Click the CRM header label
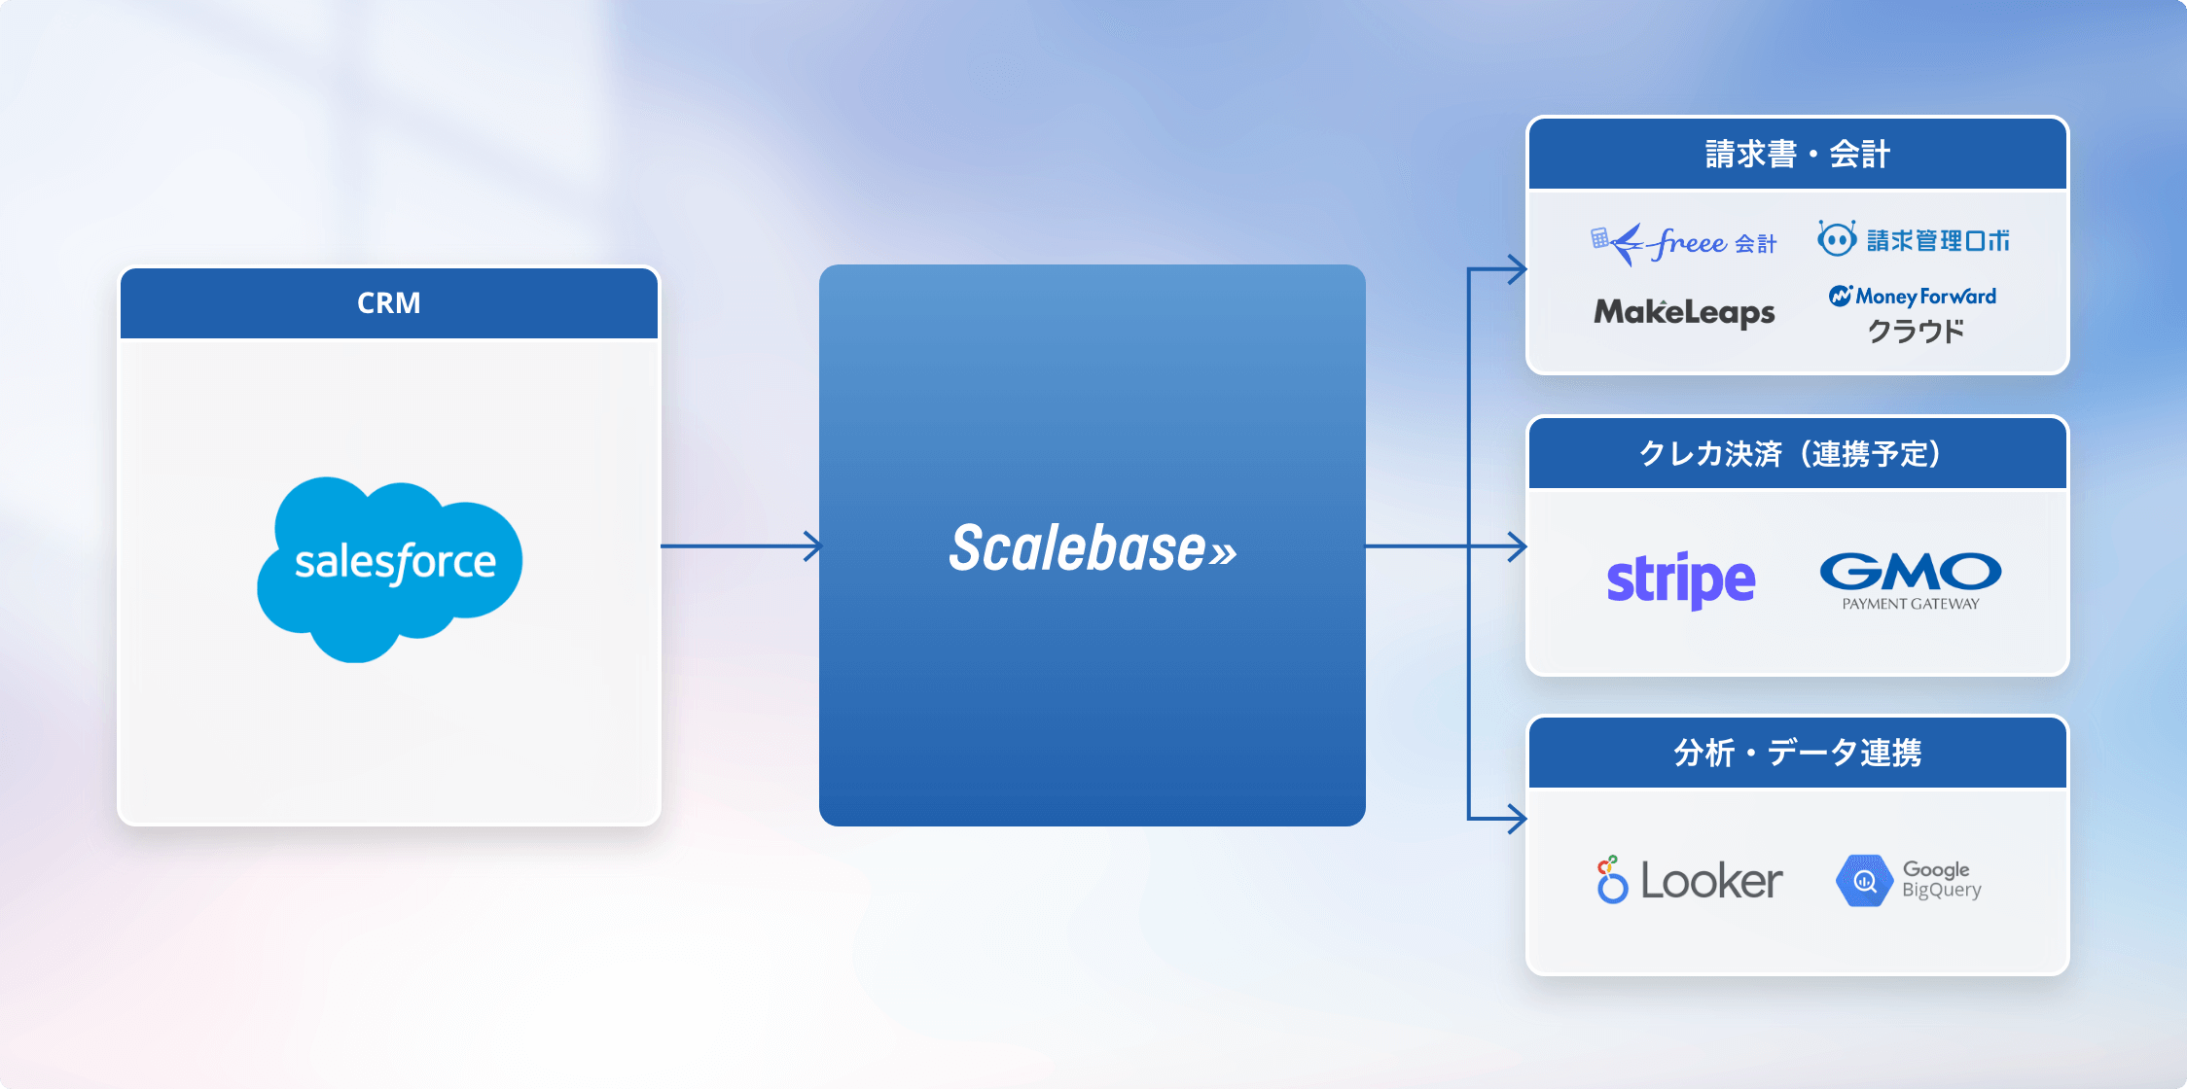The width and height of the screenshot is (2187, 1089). [389, 303]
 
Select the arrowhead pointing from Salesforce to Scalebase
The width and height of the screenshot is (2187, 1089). [812, 546]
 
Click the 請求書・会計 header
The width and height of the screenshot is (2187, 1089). [1797, 155]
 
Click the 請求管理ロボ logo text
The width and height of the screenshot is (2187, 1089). [1938, 240]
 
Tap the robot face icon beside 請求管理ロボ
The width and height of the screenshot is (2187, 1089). [1837, 238]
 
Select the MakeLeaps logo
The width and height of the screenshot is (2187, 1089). [1684, 312]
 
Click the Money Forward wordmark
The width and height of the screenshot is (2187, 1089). [1924, 297]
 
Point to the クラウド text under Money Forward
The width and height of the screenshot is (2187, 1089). [1916, 332]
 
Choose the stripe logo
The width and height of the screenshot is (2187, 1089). [1681, 580]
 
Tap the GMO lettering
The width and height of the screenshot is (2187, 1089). [1911, 572]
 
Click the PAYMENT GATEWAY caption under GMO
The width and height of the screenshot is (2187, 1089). [1911, 604]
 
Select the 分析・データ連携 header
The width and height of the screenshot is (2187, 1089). [1797, 753]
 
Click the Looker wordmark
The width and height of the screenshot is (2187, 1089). [1711, 881]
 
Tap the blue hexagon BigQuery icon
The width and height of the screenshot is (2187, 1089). [1863, 881]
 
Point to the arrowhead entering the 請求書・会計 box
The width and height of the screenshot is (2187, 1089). [1516, 269]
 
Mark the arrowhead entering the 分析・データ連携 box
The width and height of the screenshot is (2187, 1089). [1516, 819]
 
